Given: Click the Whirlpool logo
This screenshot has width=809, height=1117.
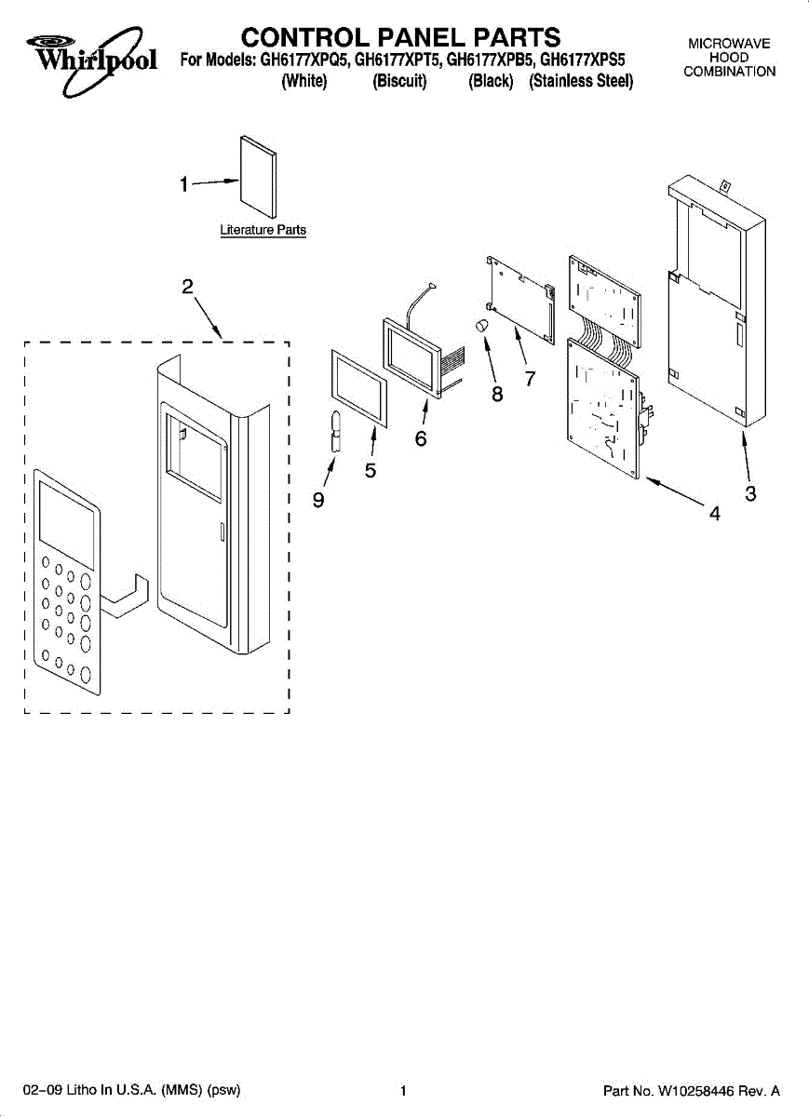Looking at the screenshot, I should tap(89, 56).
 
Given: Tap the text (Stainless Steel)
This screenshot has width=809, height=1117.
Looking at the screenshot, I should tap(581, 81).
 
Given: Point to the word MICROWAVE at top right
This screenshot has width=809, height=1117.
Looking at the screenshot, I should tap(729, 44).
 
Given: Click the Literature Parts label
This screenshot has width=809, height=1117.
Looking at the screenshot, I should tap(263, 230).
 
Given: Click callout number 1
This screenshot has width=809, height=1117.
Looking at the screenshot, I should tap(185, 184).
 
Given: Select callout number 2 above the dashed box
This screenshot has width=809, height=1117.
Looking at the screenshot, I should tap(187, 287).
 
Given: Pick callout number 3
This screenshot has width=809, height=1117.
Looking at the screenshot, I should tap(750, 494).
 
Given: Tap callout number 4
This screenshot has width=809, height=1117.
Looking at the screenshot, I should tap(714, 513).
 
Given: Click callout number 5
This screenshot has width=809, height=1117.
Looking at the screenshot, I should tap(371, 471).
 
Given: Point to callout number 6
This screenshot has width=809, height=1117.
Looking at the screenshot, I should tap(421, 438).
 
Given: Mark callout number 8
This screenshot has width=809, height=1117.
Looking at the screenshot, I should tap(497, 394).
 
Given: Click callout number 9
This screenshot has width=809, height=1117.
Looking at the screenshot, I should tap(318, 501).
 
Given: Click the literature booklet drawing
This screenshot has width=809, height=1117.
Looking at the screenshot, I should tap(258, 181).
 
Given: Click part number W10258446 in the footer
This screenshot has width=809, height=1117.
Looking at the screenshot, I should tap(692, 1091).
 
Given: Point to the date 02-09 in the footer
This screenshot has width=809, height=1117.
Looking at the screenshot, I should tap(42, 1091).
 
